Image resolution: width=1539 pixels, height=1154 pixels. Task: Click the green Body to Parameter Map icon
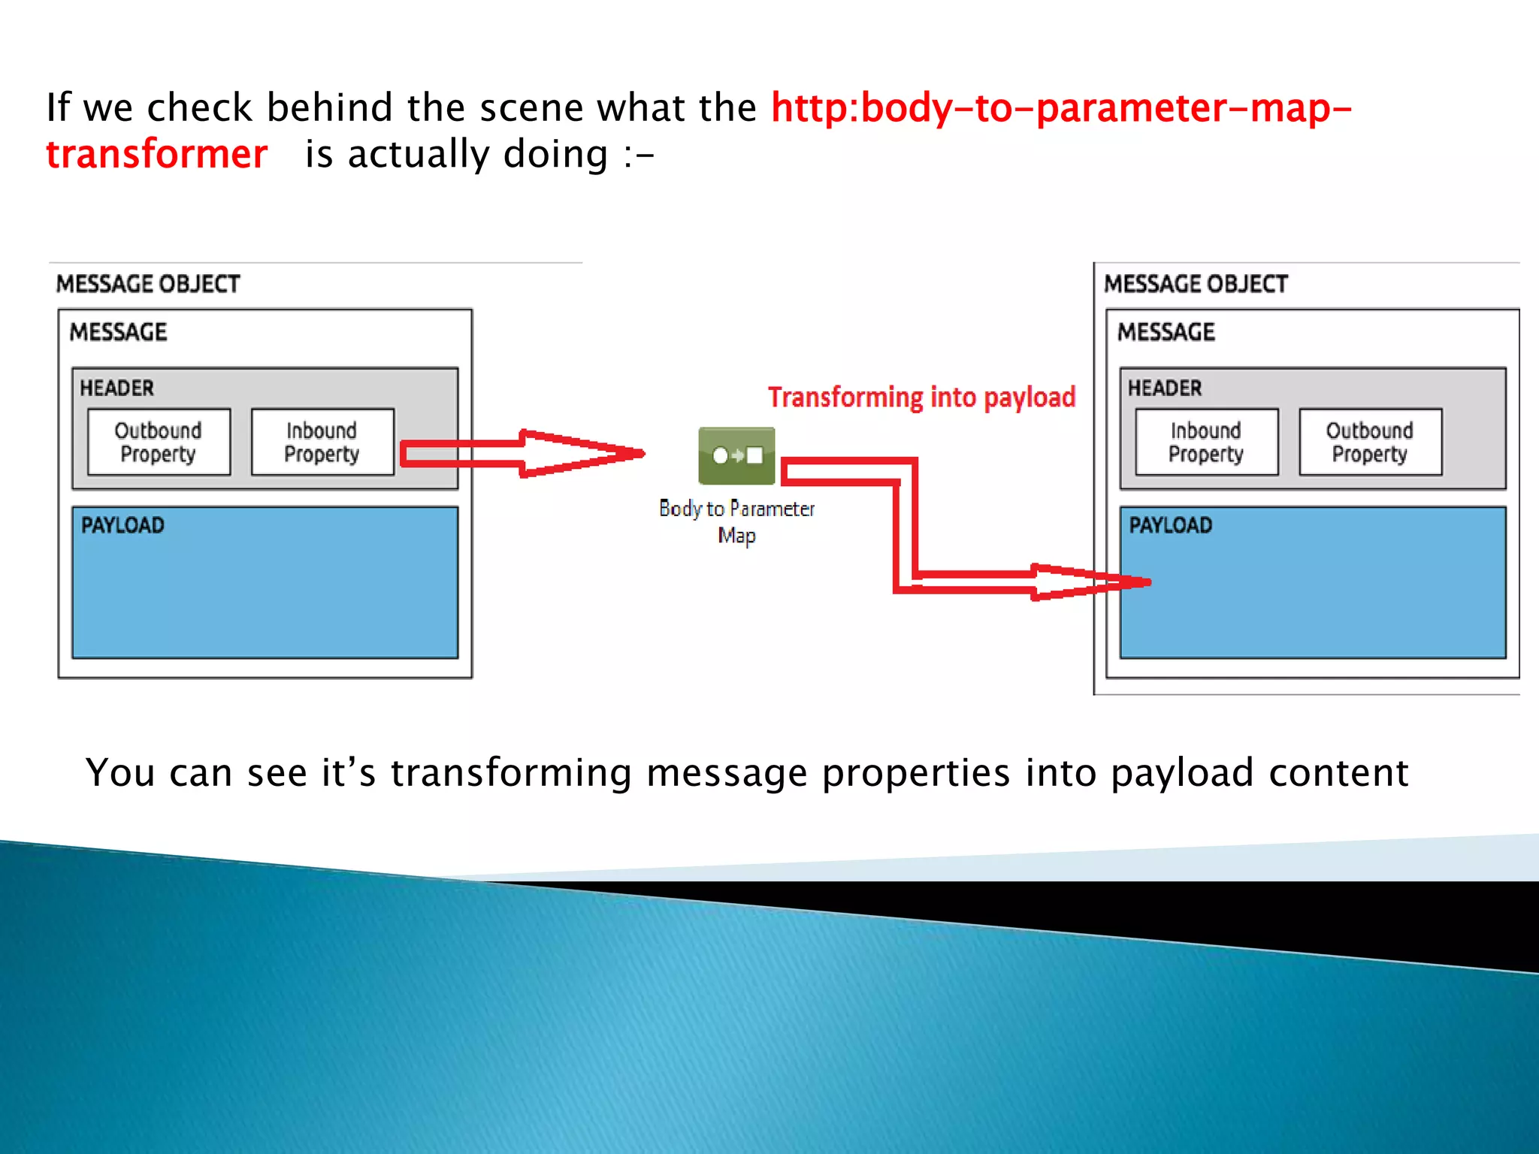coord(736,455)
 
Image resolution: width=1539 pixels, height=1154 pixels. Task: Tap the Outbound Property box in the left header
coord(159,442)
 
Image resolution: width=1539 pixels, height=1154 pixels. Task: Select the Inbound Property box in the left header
coord(322,442)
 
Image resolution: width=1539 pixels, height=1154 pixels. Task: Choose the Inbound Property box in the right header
coord(1206,442)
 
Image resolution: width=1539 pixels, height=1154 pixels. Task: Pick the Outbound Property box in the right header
coord(1370,442)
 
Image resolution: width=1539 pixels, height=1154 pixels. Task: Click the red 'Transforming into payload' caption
coord(921,397)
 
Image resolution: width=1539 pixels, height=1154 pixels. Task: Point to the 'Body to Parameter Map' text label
coord(736,521)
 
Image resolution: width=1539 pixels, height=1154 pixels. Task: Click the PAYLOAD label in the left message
coord(122,525)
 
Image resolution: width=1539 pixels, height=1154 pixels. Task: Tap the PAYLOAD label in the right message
coord(1171,525)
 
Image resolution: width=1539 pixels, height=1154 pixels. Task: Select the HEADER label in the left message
coord(116,388)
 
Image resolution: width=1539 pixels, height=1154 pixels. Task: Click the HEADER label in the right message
coord(1165,388)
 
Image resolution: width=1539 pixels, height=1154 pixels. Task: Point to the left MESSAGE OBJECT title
coord(148,284)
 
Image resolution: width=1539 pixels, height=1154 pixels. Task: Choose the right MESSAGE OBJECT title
coord(1196,284)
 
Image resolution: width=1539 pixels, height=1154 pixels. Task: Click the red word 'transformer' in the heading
coord(156,154)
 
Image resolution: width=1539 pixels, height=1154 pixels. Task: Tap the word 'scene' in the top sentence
coord(531,107)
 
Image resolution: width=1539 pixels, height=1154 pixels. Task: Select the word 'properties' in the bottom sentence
coord(915,773)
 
